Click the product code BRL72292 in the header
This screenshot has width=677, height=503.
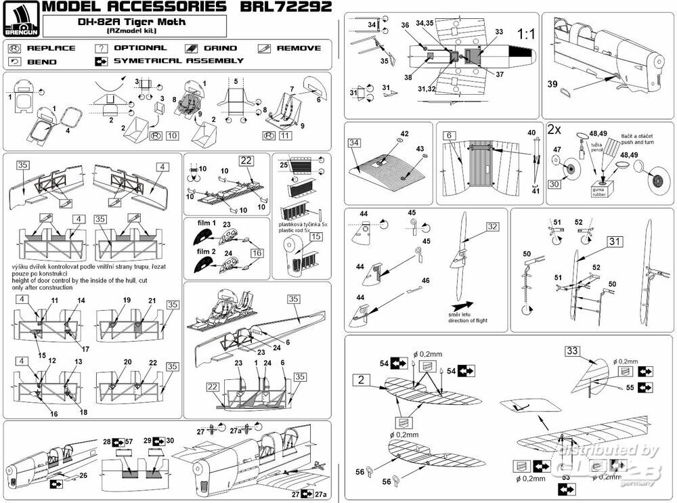[284, 7]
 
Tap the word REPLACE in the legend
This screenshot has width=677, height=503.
[51, 48]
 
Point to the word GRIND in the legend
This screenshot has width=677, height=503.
[221, 48]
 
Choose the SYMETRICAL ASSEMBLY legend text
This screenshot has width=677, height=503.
[179, 60]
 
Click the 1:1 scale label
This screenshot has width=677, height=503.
[526, 32]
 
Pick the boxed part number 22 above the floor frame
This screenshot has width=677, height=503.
[245, 160]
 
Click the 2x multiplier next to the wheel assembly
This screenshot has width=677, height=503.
[553, 129]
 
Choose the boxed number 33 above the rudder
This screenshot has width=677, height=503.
[573, 351]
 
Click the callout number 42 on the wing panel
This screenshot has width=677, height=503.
[404, 134]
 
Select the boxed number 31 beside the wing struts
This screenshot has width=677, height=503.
[614, 242]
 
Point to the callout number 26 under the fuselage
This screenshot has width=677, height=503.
[83, 475]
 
